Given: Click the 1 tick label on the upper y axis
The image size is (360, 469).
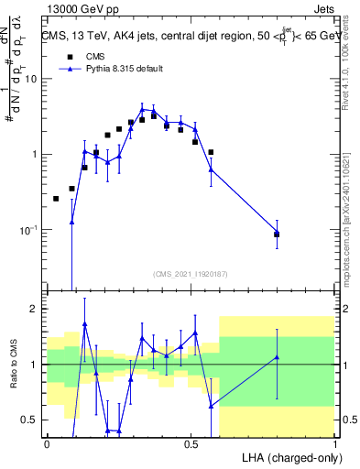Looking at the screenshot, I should pyautogui.click(x=35, y=154).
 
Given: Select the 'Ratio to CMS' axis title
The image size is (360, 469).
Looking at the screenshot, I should pyautogui.click(x=13, y=365).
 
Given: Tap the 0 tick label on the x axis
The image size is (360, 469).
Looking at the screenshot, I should pyautogui.click(x=47, y=443).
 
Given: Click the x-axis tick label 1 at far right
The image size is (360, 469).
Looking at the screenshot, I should pyautogui.click(x=335, y=443).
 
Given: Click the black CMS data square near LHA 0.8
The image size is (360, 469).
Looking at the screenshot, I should pyautogui.click(x=277, y=234).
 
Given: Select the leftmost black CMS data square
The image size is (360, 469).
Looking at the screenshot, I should pyautogui.click(x=56, y=199).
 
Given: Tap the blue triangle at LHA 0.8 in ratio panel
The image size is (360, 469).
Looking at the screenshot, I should pyautogui.click(x=277, y=357).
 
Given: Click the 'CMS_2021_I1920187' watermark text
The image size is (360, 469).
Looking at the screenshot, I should pyautogui.click(x=191, y=273).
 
